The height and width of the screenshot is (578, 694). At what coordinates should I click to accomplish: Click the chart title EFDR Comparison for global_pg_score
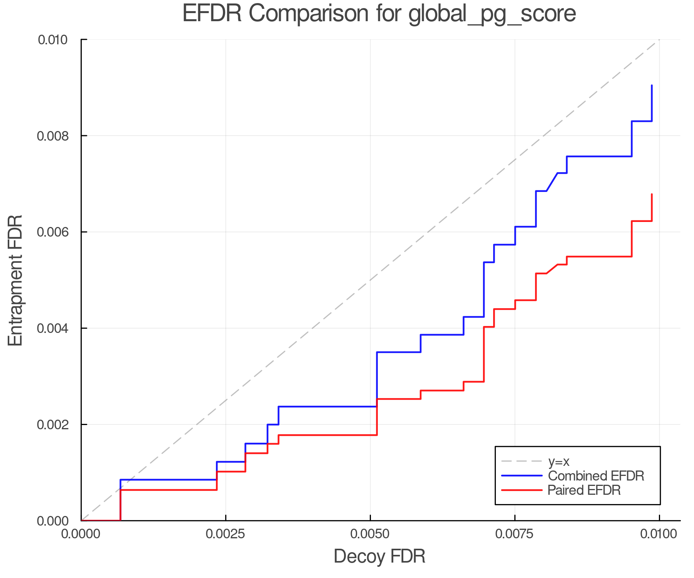point(379,14)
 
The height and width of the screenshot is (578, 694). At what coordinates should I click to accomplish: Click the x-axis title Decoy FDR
point(379,556)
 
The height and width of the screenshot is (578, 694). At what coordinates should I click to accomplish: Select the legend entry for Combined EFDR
point(596,476)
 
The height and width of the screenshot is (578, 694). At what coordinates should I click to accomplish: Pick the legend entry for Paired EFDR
point(584,490)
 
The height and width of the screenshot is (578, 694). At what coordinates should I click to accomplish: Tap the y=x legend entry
point(558,461)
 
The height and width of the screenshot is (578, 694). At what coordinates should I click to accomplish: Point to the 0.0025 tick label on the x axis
point(226,534)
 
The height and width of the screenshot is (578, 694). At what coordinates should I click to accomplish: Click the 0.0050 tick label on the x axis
point(370,534)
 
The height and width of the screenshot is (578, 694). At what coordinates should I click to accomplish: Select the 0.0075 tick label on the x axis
point(515,534)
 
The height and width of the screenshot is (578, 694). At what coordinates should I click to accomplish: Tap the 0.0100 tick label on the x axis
point(659,534)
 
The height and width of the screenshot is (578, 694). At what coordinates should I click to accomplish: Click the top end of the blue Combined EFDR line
point(652,86)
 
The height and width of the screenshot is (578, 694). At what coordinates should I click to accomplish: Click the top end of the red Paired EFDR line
point(652,195)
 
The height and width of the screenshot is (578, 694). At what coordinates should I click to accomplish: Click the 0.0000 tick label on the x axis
point(81,534)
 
